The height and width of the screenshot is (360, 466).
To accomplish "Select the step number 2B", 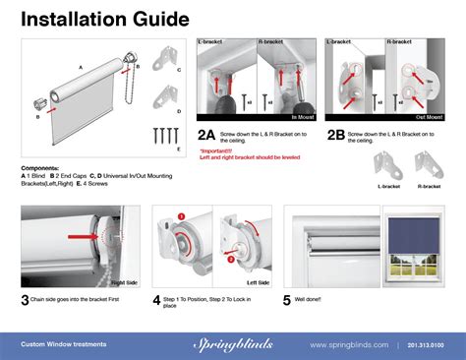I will click(x=335, y=135).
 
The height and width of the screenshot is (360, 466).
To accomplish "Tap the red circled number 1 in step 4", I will click(x=181, y=215).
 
